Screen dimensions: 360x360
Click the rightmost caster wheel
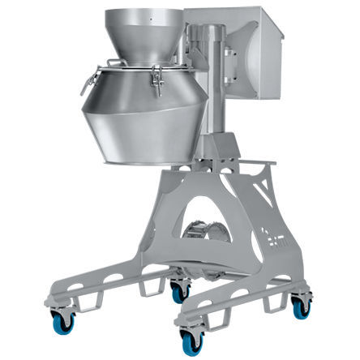[x=301, y=307]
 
